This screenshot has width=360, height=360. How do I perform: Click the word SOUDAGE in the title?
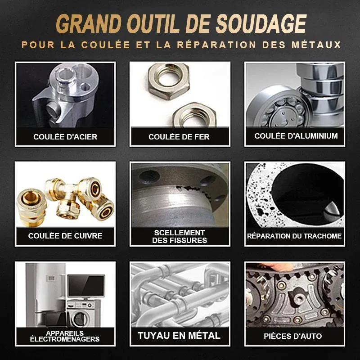[261, 24]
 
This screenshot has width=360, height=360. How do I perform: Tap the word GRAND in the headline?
[89, 24]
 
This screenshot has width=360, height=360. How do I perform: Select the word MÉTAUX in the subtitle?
[316, 45]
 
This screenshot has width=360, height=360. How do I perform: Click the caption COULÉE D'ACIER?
[65, 137]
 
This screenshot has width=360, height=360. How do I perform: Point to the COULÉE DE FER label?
[179, 137]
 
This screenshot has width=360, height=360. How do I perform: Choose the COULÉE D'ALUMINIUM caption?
[296, 136]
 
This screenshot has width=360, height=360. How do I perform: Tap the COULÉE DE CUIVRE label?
[65, 236]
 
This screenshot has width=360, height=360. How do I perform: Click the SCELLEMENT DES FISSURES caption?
[180, 237]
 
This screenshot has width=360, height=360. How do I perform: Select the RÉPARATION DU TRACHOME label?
[294, 236]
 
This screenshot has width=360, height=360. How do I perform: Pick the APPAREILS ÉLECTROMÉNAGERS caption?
[65, 336]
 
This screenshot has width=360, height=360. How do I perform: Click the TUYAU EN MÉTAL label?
[179, 336]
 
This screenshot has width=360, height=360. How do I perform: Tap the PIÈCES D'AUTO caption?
[293, 336]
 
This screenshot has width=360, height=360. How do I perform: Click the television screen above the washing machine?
[86, 286]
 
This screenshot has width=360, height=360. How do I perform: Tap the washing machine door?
[80, 319]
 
